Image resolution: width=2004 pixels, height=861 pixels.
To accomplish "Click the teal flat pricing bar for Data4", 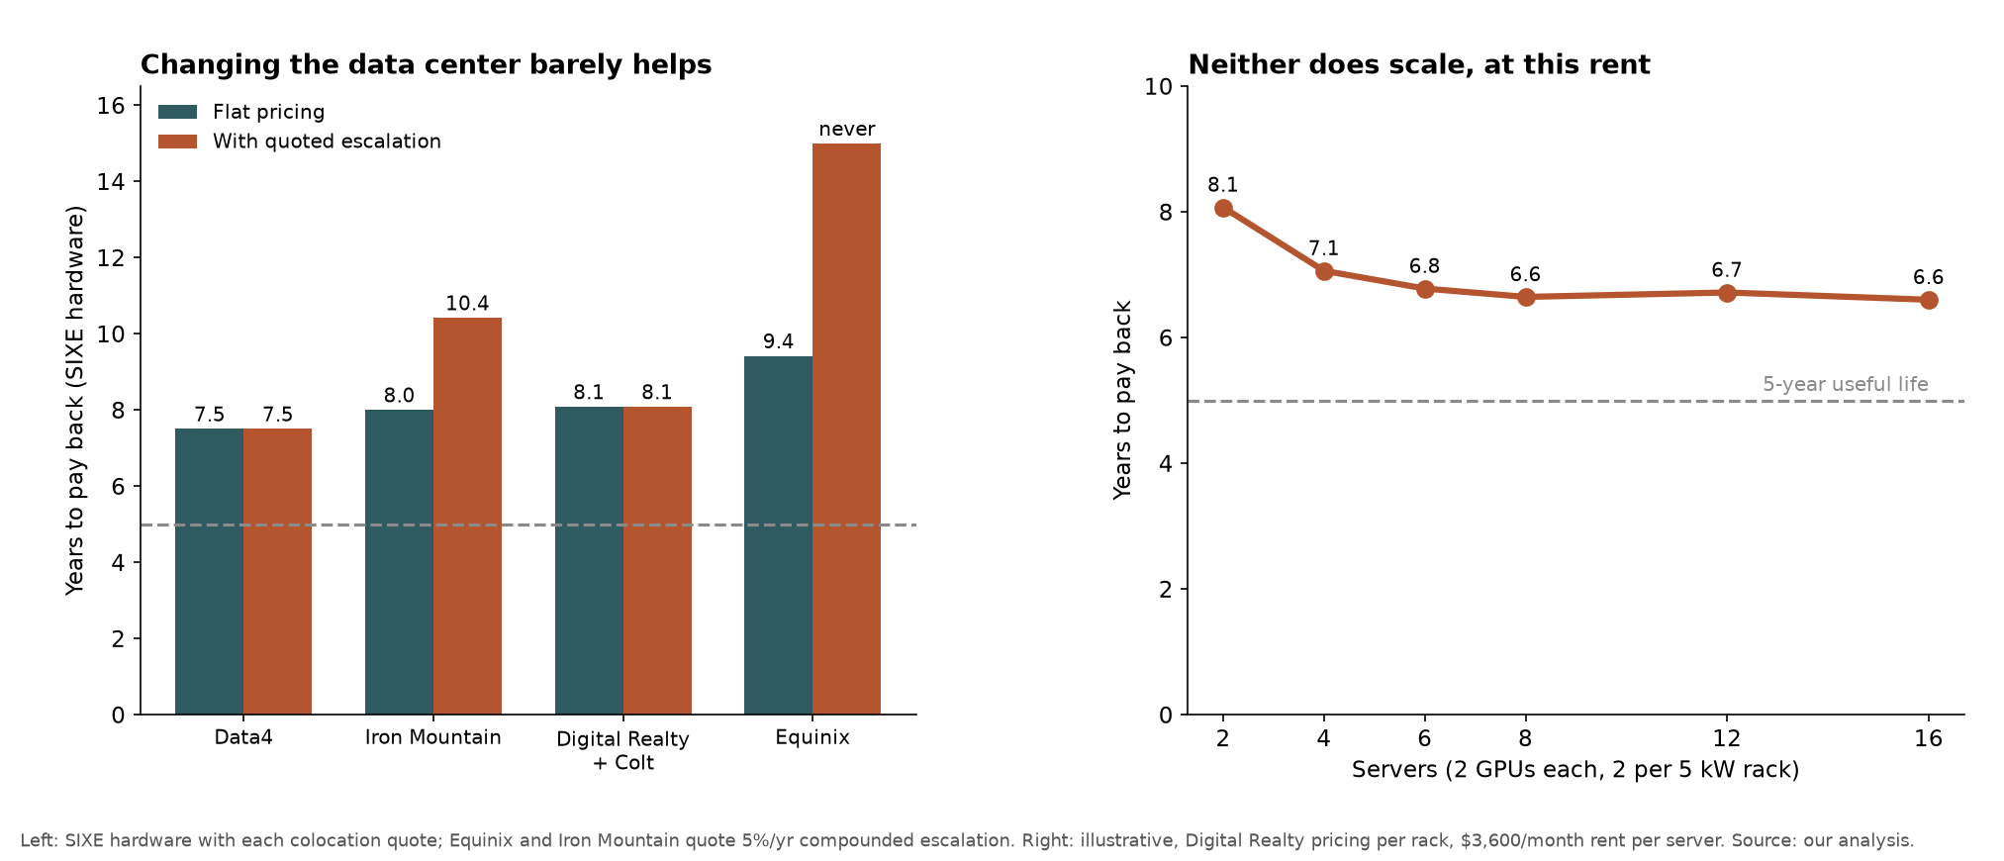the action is coord(209,571).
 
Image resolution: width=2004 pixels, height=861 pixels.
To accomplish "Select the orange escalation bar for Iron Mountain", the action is coord(467,516).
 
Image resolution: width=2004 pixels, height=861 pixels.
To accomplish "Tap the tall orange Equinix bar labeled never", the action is coord(846,429).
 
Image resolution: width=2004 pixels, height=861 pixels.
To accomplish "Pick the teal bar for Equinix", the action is coord(778,535).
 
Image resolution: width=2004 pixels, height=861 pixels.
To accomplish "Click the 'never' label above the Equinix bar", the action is coord(847,130).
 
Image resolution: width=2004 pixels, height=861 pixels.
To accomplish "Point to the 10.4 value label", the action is coord(467,304).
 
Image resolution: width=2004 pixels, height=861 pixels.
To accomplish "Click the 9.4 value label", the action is coord(778,342).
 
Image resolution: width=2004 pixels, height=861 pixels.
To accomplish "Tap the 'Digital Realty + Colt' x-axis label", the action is coord(623,751).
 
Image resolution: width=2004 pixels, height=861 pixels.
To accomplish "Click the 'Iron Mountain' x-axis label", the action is coord(433,738).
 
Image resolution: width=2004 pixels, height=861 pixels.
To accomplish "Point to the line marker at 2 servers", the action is coord(1223,208).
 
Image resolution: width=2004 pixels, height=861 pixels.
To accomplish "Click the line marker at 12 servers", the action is coord(1727,293).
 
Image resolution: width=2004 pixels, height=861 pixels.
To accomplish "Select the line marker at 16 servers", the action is coord(1929,300).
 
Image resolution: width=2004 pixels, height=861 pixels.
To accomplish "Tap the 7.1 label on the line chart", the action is coord(1323,249).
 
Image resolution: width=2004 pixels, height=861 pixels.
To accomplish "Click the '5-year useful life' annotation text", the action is coord(1846,385).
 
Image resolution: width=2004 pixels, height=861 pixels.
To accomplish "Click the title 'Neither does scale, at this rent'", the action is coord(1419,65).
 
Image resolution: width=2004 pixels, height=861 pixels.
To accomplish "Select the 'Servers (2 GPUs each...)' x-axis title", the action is coord(1575,770).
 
